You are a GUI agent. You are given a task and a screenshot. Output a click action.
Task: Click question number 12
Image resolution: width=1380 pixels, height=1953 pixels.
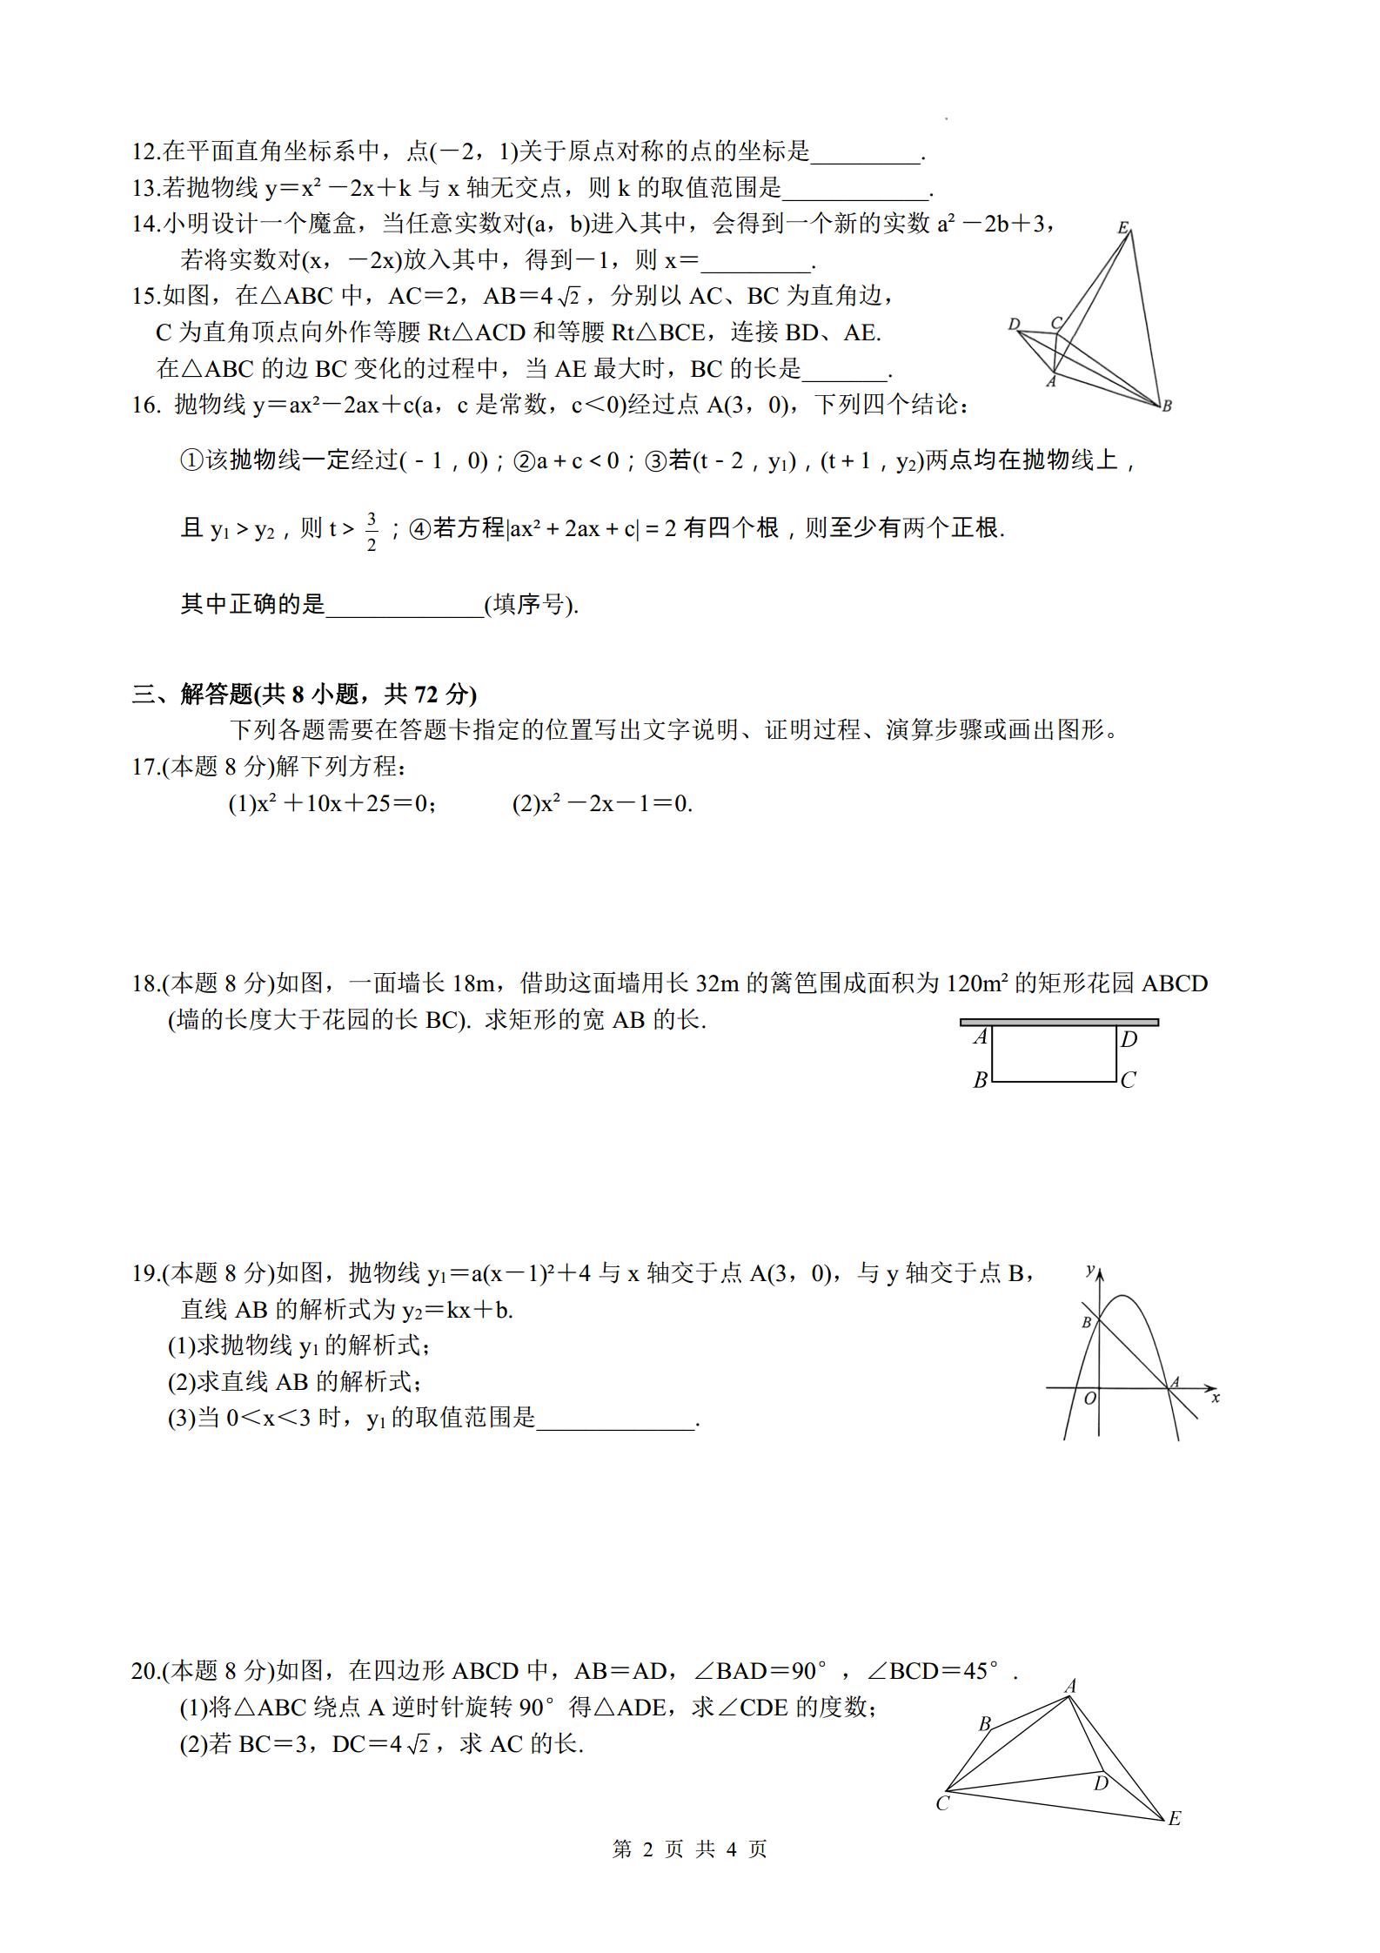pyautogui.click(x=143, y=152)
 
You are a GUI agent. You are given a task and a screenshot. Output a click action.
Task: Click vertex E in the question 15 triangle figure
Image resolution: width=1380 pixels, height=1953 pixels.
pyautogui.click(x=1123, y=228)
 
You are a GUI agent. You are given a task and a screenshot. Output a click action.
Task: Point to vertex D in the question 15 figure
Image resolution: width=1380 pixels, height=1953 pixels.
pyautogui.click(x=1014, y=325)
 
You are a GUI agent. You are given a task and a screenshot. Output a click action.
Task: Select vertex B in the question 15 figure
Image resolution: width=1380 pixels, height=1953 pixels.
pyautogui.click(x=1167, y=406)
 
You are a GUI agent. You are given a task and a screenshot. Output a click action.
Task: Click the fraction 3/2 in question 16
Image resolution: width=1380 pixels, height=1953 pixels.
pyautogui.click(x=372, y=532)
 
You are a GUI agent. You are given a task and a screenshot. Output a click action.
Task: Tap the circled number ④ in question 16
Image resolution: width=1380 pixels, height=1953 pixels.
pyautogui.click(x=419, y=528)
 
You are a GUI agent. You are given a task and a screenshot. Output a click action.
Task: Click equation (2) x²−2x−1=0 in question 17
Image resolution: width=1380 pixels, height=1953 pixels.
pyautogui.click(x=602, y=803)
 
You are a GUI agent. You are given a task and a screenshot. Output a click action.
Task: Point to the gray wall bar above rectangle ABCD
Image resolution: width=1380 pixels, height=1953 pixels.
pyautogui.click(x=1059, y=1022)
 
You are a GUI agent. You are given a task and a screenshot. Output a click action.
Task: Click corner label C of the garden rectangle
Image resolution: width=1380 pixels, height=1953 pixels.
pyautogui.click(x=1129, y=1080)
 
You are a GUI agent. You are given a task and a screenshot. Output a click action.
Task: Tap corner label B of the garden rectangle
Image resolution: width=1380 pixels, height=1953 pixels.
pyautogui.click(x=980, y=1080)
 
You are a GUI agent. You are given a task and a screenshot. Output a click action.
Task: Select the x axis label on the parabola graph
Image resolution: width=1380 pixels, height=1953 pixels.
pyautogui.click(x=1216, y=1397)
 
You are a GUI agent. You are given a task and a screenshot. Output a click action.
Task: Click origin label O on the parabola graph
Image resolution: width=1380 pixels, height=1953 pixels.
pyautogui.click(x=1089, y=1399)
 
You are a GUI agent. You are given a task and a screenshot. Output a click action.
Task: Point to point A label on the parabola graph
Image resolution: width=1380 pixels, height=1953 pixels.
pyautogui.click(x=1175, y=1381)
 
